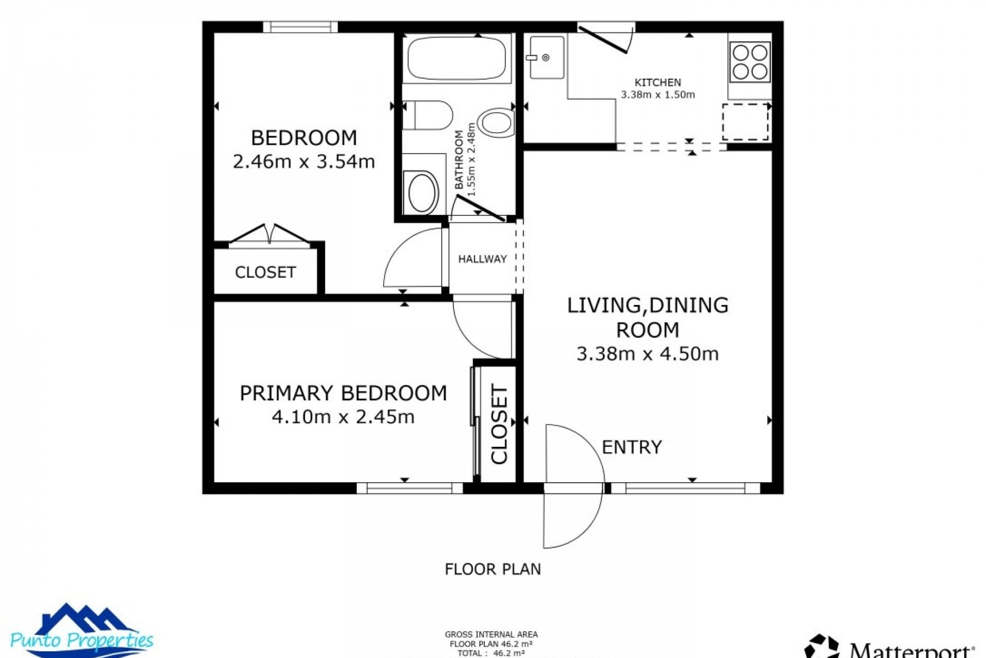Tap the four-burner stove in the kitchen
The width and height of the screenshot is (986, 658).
[x=750, y=62]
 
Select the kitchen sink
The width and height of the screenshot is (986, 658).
[x=546, y=57]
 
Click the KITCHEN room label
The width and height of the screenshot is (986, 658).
[x=658, y=82]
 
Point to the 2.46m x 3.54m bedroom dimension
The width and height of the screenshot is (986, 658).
[x=304, y=161]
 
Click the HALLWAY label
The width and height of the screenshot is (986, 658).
[x=482, y=259]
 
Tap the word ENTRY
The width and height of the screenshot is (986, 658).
[x=632, y=447]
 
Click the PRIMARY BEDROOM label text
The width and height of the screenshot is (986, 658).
[x=343, y=393]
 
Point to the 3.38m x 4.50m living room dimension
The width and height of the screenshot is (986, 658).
[x=647, y=354]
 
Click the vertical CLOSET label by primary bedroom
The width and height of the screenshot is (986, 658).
[x=499, y=424]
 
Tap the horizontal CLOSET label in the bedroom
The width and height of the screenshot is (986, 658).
[x=265, y=272]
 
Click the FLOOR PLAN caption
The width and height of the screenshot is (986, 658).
[x=492, y=569]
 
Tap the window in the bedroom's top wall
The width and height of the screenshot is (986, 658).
[x=300, y=27]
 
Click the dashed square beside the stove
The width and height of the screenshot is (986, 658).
[x=745, y=122]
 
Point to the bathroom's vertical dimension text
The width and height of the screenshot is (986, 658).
[x=471, y=159]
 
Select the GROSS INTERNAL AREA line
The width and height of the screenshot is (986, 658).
[x=491, y=634]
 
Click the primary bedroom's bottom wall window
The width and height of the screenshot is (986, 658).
[x=410, y=488]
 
